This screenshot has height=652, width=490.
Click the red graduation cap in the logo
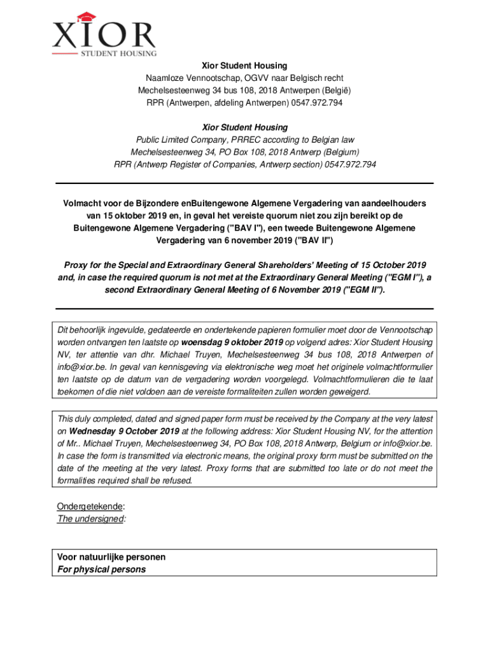point(81,18)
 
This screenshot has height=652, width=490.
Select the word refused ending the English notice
point(176,480)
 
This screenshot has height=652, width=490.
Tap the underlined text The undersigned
point(90,519)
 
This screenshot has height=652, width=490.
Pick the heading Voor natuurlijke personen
point(111,557)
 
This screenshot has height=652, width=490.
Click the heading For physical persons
point(101,569)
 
